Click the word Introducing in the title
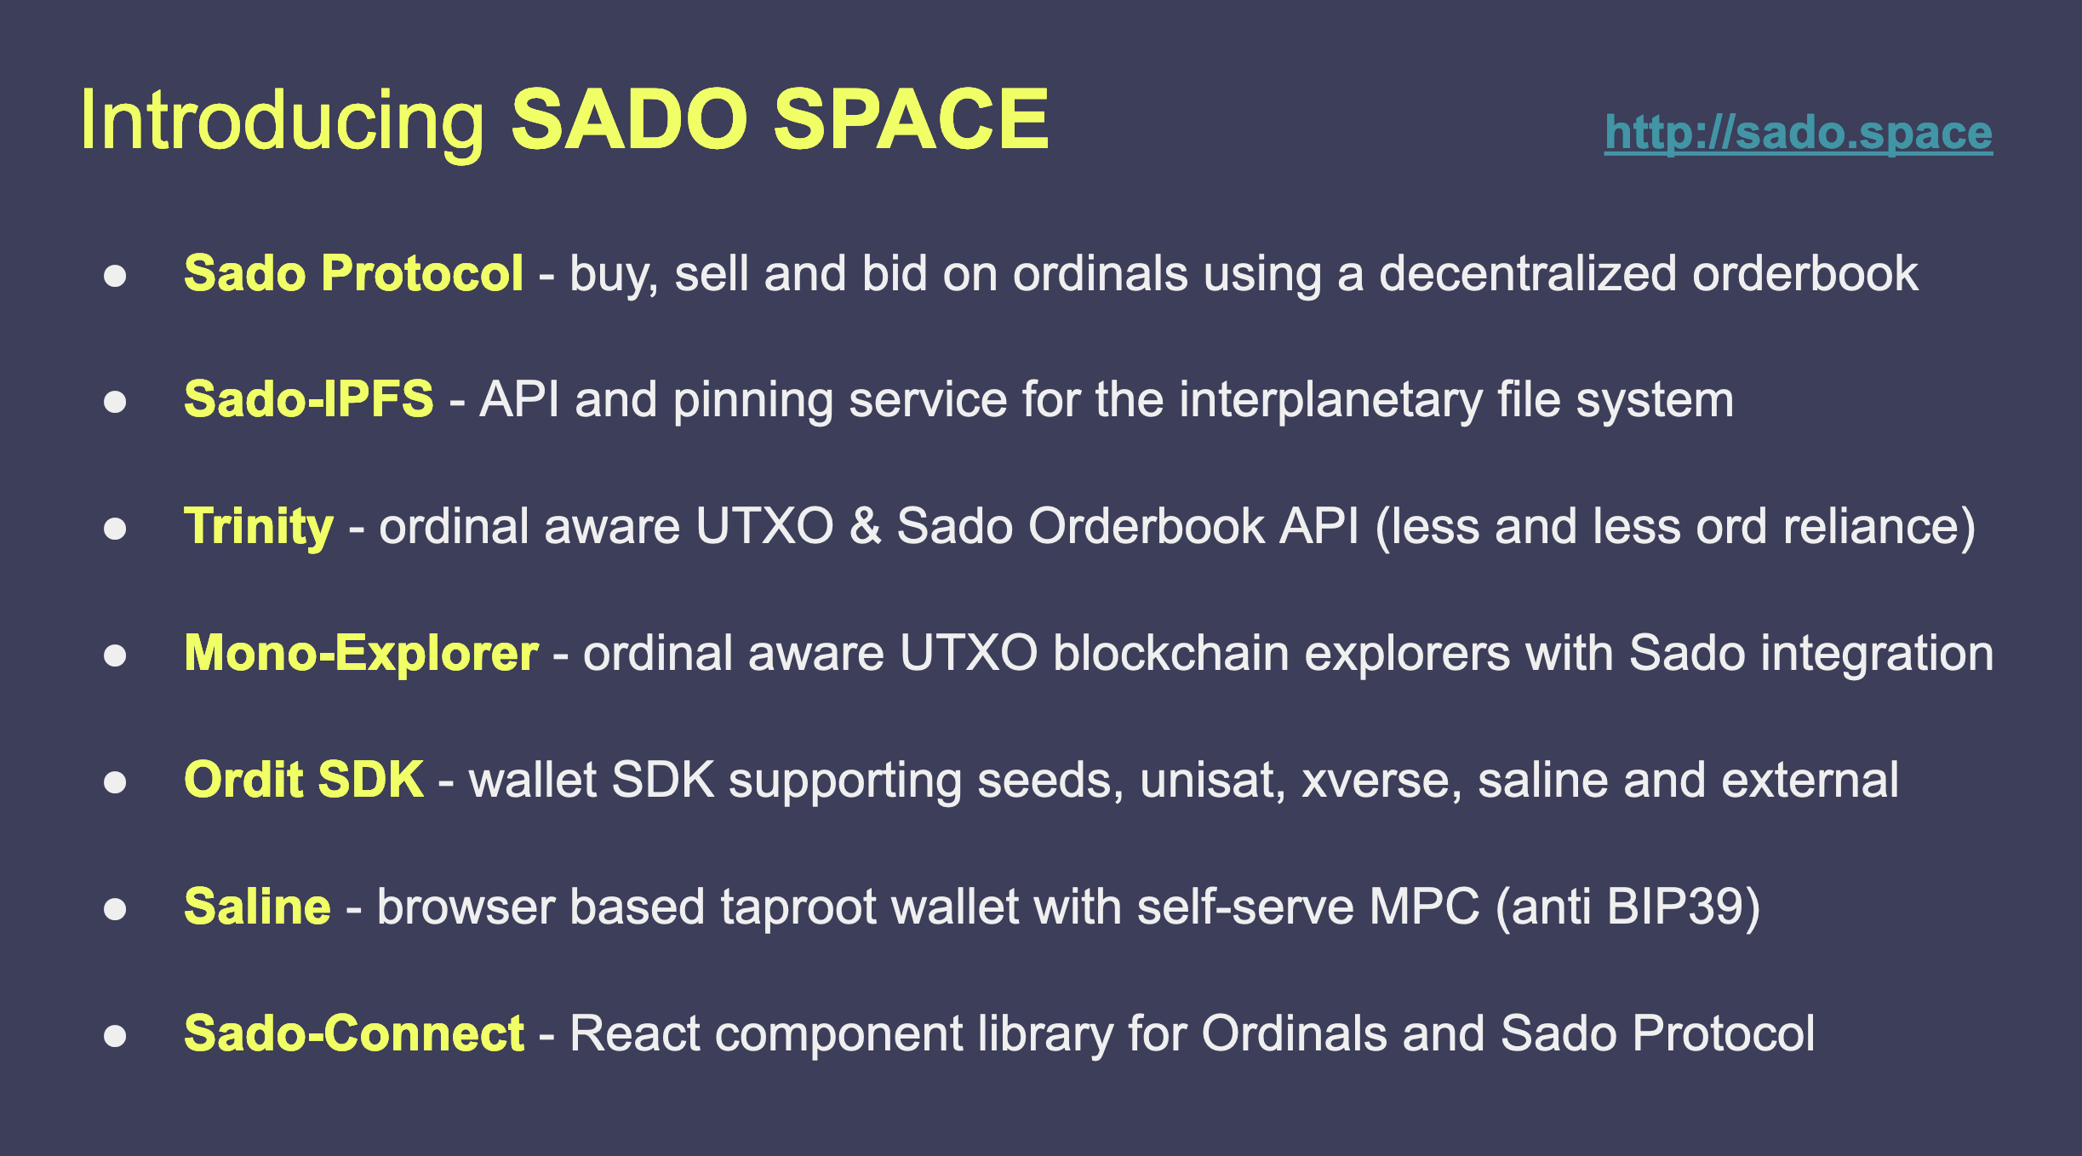pyautogui.click(x=283, y=122)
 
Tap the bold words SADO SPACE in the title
pyautogui.click(x=779, y=119)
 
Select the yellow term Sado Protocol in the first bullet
pyautogui.click(x=353, y=273)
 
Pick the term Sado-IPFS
pyautogui.click(x=308, y=399)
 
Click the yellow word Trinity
pyautogui.click(x=259, y=527)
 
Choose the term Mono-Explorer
pyautogui.click(x=361, y=654)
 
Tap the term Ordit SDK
pyautogui.click(x=304, y=780)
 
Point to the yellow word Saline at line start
pyautogui.click(x=257, y=906)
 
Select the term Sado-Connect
pyautogui.click(x=354, y=1033)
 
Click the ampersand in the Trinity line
pyautogui.click(x=865, y=526)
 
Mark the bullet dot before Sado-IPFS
pyautogui.click(x=115, y=402)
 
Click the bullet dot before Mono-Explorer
pyautogui.click(x=115, y=655)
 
